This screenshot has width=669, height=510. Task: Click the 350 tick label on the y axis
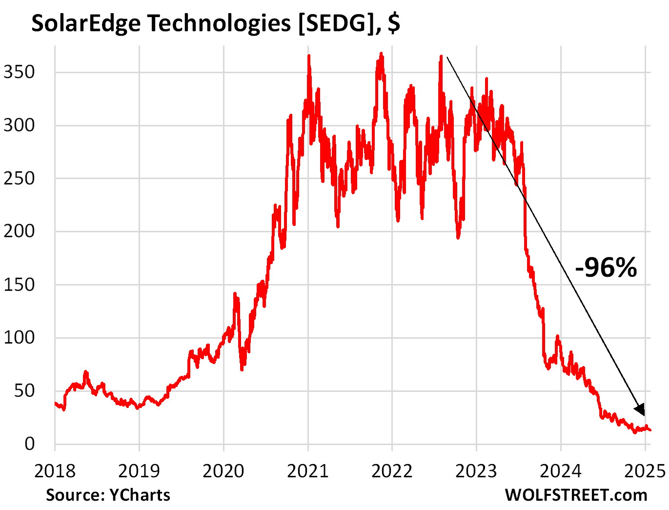20,72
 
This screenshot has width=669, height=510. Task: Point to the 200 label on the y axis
20,231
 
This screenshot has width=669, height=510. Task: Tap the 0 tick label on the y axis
30,444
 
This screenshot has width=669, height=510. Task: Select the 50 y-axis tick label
24,390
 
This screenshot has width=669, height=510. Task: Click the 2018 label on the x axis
55,471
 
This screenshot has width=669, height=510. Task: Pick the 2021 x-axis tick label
308,471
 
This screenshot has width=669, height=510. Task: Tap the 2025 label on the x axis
645,471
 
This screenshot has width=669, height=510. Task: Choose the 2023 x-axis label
476,471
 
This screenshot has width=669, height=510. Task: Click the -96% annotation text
606,267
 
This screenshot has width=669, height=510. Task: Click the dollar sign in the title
394,23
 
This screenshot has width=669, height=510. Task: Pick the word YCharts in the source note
140,495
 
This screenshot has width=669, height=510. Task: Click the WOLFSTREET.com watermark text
576,495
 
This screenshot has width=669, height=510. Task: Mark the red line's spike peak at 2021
309,56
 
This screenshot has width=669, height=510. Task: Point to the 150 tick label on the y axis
20,285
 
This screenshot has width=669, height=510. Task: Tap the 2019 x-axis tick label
139,471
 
